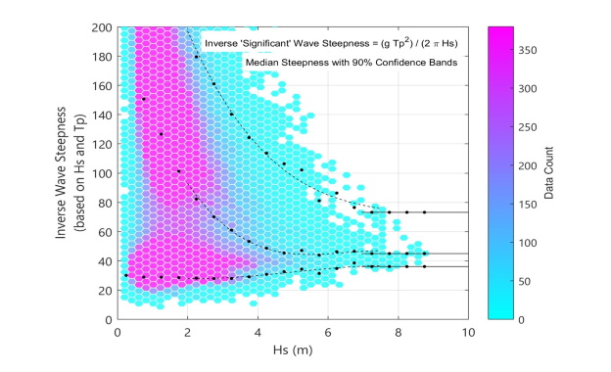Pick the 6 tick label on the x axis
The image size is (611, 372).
click(x=328, y=332)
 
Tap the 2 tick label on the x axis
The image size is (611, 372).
click(x=187, y=332)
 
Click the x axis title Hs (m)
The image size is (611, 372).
click(x=293, y=349)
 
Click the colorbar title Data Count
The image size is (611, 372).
click(x=576, y=173)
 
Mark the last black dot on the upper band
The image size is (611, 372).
click(x=424, y=212)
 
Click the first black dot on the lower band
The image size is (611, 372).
click(x=126, y=276)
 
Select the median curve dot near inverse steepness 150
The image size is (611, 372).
click(x=144, y=99)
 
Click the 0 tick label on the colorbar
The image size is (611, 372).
click(x=532, y=319)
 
